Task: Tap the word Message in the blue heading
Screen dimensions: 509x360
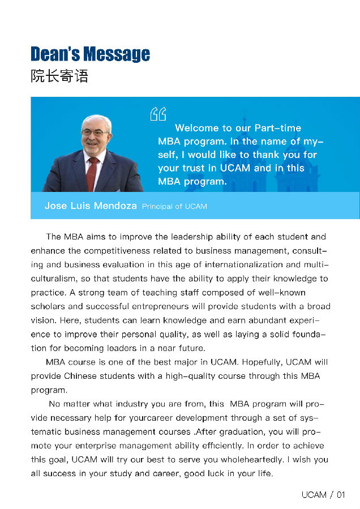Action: click(x=117, y=54)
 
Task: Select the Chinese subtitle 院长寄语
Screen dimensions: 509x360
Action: click(x=59, y=76)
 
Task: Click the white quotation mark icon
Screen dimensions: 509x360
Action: click(x=157, y=114)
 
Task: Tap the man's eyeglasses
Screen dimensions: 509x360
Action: click(x=95, y=132)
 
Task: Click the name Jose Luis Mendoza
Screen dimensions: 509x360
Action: click(x=91, y=206)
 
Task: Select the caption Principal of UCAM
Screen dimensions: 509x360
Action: click(x=174, y=207)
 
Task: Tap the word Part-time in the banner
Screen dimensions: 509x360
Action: click(x=277, y=128)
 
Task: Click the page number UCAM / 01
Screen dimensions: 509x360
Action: click(x=323, y=495)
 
